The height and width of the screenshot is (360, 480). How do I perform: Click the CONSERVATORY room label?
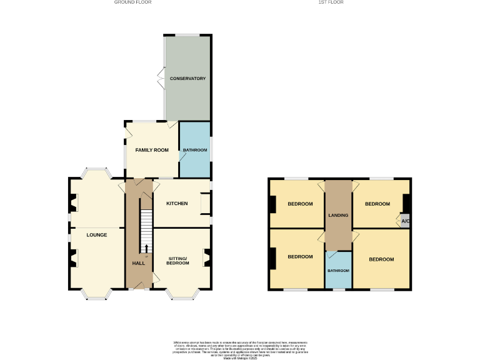tap(187, 79)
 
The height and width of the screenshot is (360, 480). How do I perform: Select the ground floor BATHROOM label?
tap(195, 150)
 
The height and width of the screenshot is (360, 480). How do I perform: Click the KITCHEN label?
tap(177, 204)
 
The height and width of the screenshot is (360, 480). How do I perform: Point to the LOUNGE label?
tap(97, 236)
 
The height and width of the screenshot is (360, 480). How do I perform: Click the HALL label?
tap(139, 263)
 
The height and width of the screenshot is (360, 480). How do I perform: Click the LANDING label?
tap(338, 216)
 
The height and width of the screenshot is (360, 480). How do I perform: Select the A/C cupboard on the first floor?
tap(405, 221)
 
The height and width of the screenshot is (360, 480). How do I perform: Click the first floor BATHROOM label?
tap(338, 271)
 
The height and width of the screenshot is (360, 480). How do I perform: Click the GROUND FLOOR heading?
tap(132, 2)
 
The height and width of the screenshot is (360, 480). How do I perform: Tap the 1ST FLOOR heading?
tap(331, 2)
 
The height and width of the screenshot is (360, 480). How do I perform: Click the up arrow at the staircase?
tap(146, 248)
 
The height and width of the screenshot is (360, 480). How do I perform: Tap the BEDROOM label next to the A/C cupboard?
tap(377, 204)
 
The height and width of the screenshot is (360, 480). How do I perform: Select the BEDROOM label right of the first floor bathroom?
tap(381, 259)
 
